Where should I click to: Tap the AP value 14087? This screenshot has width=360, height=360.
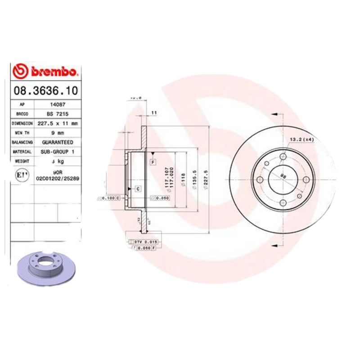(58, 104)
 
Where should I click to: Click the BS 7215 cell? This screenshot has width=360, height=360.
(58, 113)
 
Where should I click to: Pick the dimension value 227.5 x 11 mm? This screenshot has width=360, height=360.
(58, 123)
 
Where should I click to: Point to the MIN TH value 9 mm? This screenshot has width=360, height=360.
(58, 132)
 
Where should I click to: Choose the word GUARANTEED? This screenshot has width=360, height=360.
(58, 142)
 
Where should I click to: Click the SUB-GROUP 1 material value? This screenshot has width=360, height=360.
(58, 152)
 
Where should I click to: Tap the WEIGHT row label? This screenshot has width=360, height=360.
(22, 161)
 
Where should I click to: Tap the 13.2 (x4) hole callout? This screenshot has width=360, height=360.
(301, 139)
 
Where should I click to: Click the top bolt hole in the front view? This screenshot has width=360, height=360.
(283, 157)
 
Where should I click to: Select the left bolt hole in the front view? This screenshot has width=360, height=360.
(260, 180)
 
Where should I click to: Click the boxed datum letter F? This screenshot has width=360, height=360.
(153, 161)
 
